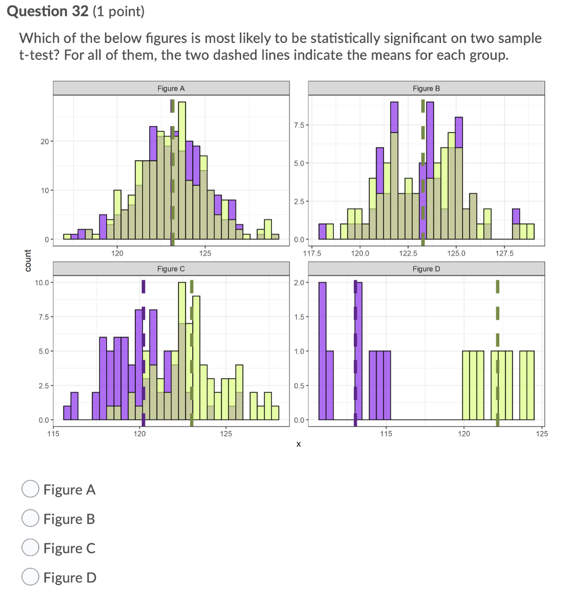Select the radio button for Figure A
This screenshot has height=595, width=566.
30,489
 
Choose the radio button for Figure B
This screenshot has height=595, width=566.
30,518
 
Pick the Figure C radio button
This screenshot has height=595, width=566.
30,548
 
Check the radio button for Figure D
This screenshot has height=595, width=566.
30,577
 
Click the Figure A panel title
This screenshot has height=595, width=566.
171,88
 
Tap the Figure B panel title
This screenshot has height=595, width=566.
426,88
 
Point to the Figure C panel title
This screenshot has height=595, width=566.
171,269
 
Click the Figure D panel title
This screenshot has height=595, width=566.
426,269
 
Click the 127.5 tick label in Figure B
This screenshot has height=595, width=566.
504,253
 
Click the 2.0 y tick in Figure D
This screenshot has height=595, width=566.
298,282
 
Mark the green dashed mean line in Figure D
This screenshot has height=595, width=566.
497,349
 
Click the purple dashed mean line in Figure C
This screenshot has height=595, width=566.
144,349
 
